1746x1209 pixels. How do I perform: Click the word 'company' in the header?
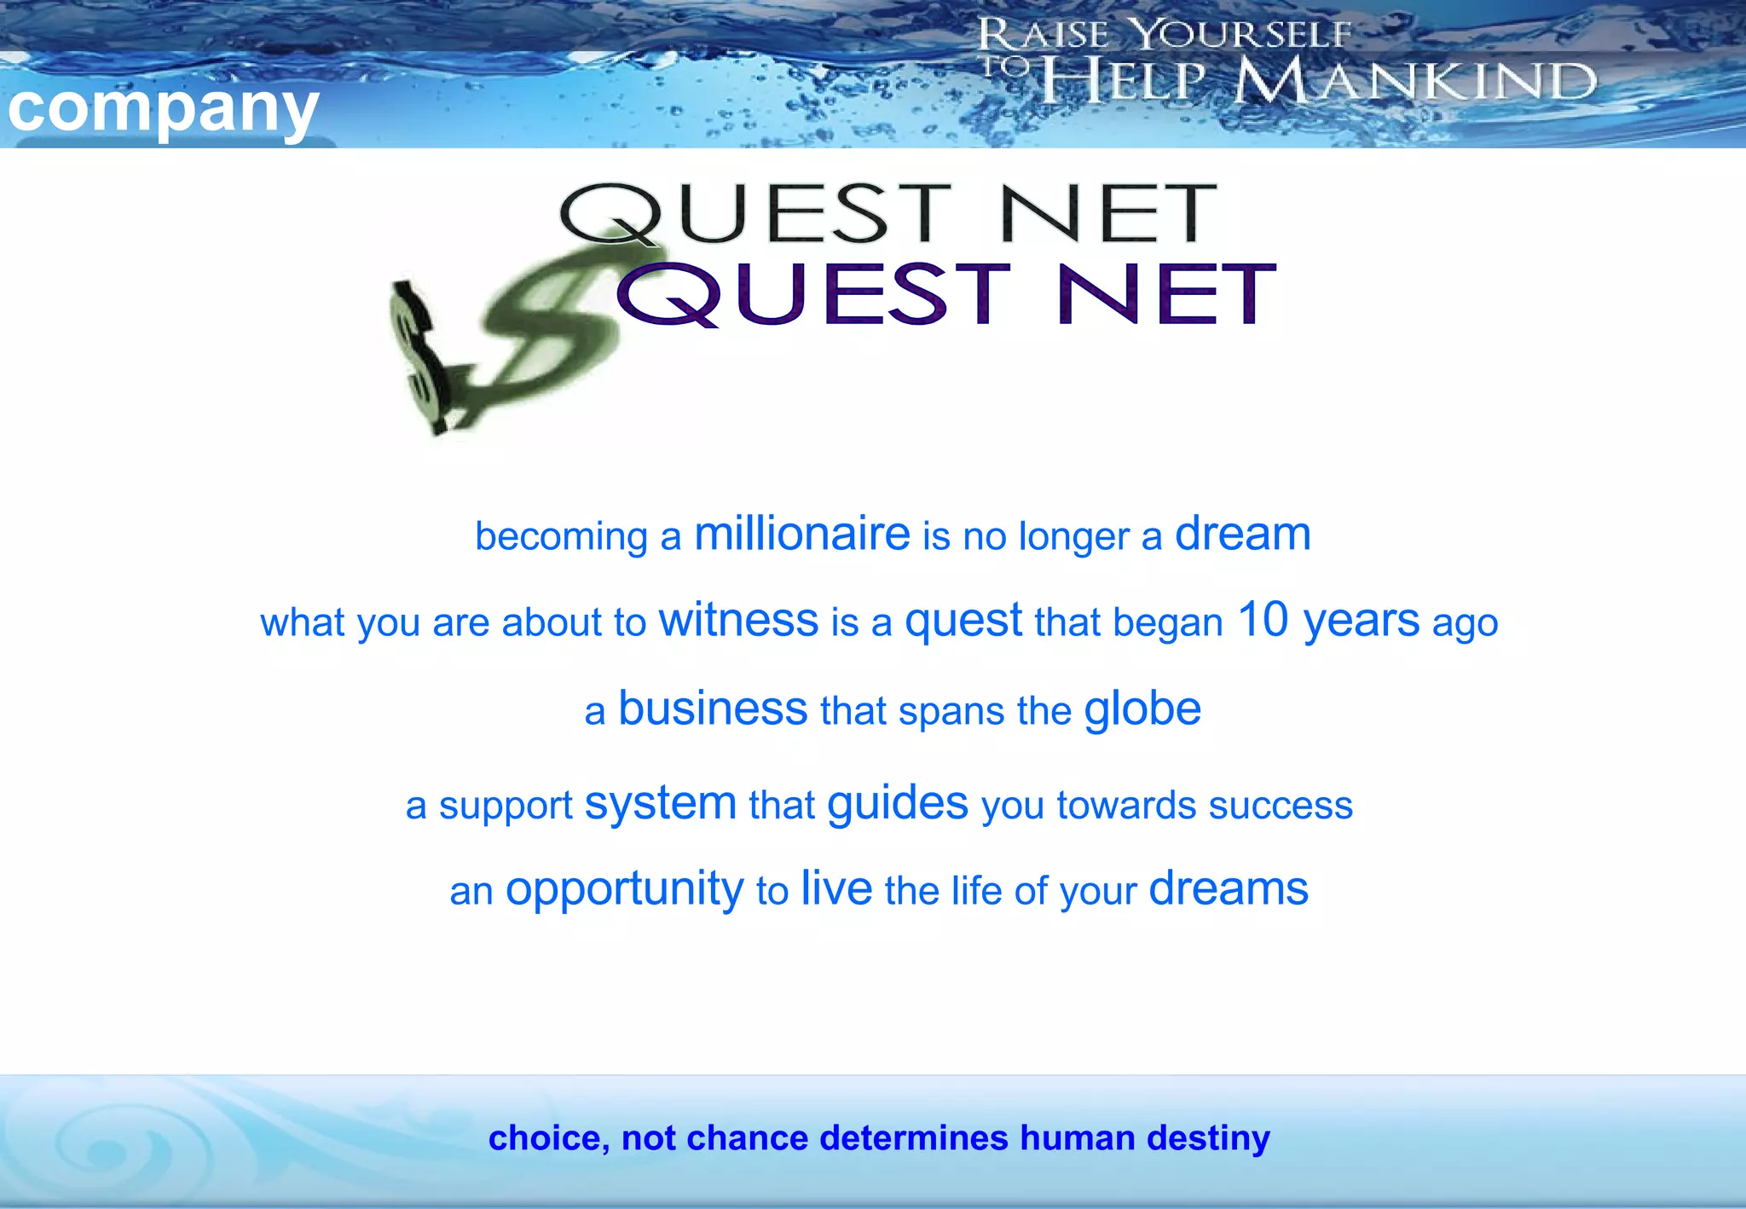click(x=163, y=109)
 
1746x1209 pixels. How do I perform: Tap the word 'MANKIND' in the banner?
click(x=1415, y=82)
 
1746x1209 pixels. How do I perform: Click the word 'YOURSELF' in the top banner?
click(x=1241, y=35)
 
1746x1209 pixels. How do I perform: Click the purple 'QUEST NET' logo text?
click(x=946, y=293)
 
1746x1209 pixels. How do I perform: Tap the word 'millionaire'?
click(x=802, y=535)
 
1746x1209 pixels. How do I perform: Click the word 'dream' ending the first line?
click(x=1242, y=535)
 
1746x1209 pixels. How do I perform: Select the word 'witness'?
click(x=738, y=620)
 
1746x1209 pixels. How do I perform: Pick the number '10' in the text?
click(x=1263, y=620)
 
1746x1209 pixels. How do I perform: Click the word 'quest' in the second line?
click(x=963, y=622)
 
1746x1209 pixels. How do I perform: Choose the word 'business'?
click(x=713, y=709)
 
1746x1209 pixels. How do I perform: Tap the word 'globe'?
click(x=1142, y=709)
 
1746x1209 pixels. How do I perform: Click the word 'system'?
click(x=661, y=804)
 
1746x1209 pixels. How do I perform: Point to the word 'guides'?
click(x=898, y=804)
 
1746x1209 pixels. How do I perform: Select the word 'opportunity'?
click(x=624, y=890)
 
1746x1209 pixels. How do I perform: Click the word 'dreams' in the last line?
click(x=1229, y=888)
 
